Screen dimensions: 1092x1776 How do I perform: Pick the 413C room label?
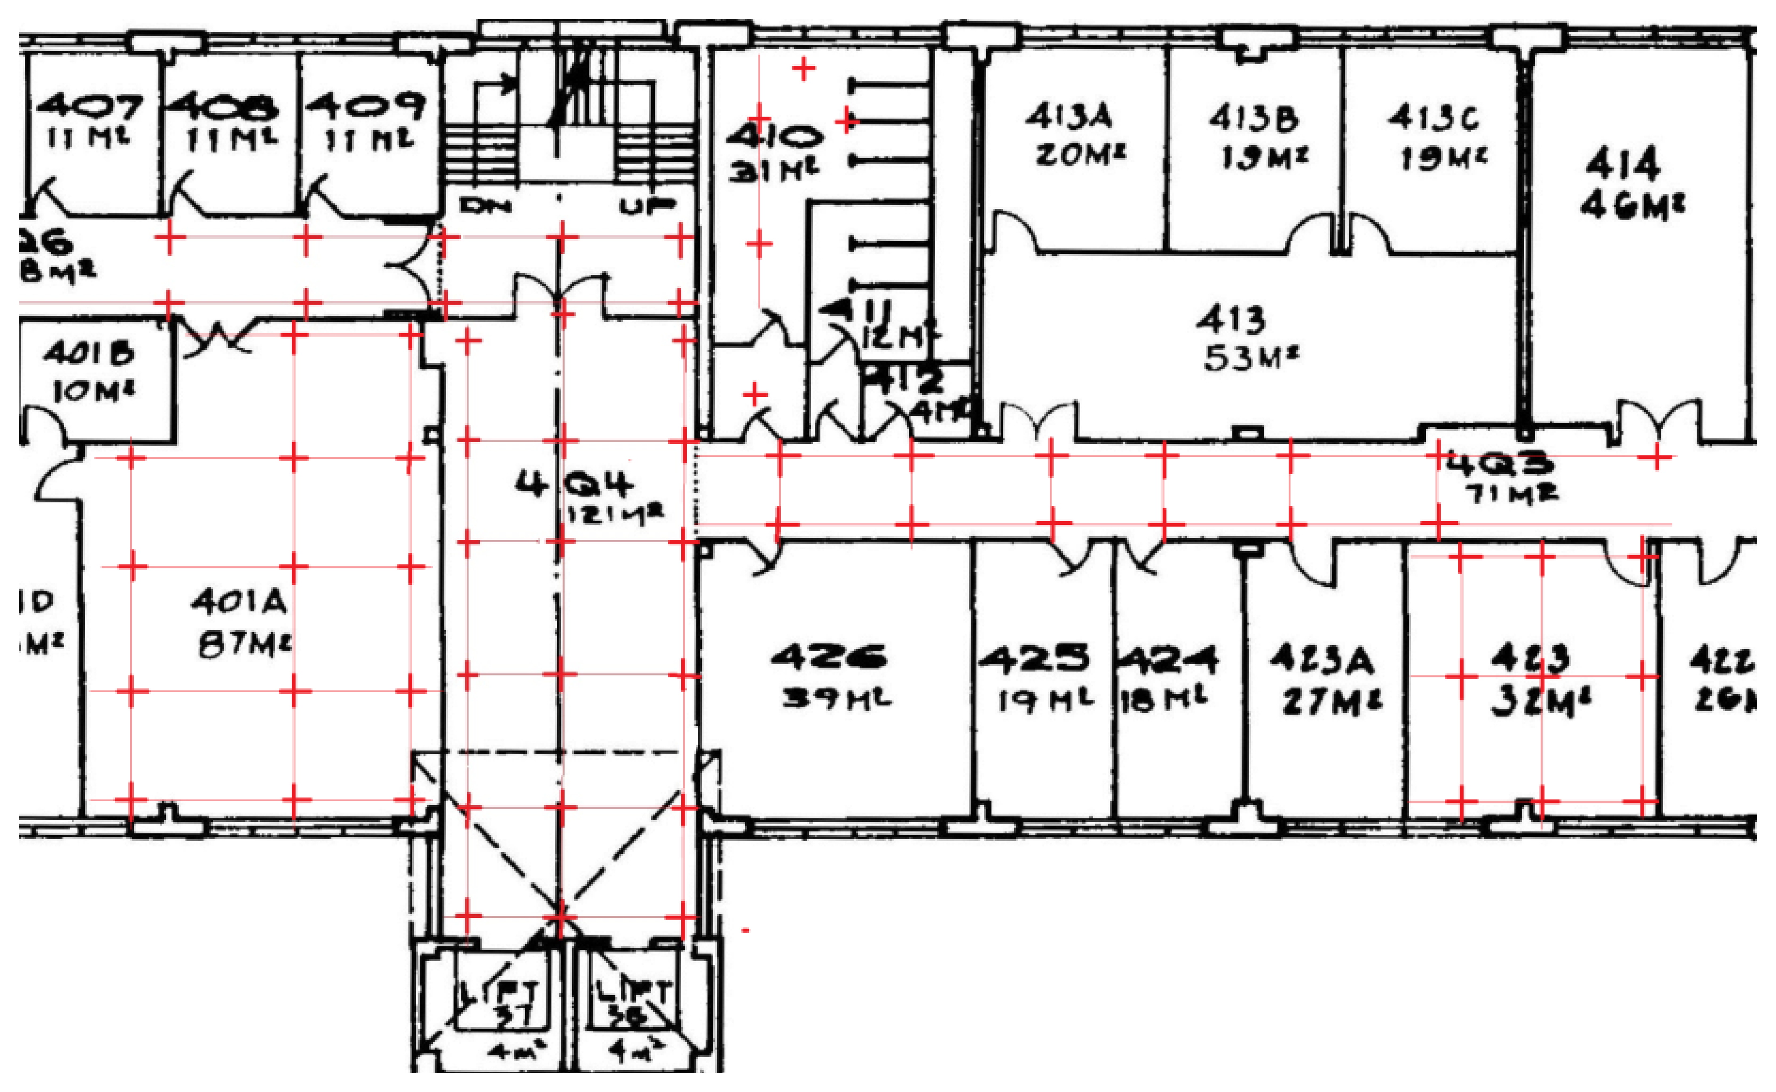pos(1433,118)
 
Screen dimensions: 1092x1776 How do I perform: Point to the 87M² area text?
pos(244,645)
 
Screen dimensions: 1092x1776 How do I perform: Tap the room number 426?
pos(829,657)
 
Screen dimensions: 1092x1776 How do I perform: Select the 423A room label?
pos(1322,660)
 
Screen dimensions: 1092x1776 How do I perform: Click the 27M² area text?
pos(1331,703)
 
